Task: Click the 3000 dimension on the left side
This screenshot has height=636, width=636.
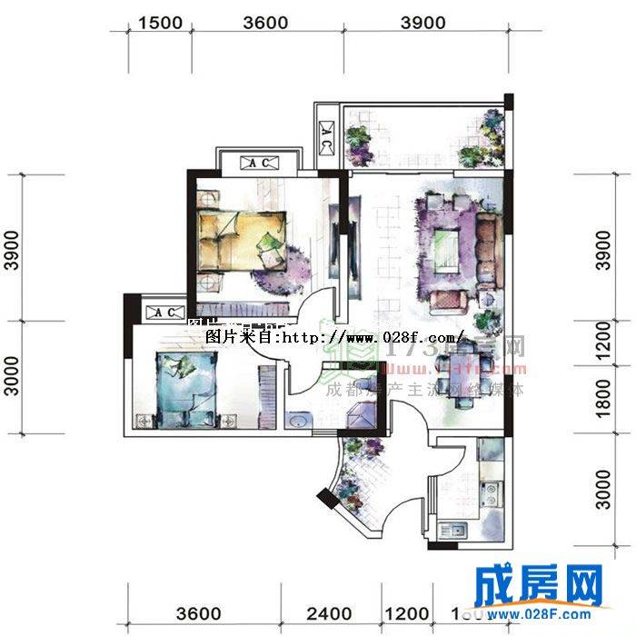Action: pos(10,376)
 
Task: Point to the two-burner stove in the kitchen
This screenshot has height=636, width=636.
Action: pos(491,495)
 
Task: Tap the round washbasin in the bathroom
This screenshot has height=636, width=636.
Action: pos(299,420)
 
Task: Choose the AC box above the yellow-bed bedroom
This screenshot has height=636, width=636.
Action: pos(259,164)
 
